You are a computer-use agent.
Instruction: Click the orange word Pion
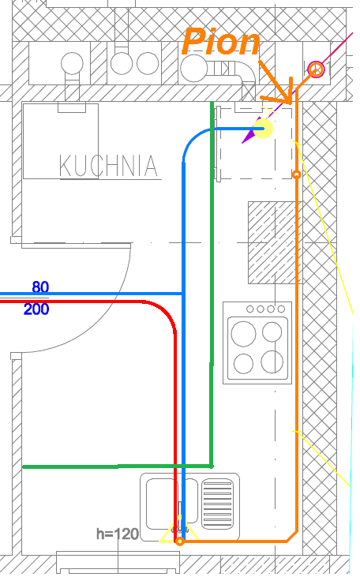pyautogui.click(x=221, y=42)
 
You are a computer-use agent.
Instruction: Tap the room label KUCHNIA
pyautogui.click(x=109, y=166)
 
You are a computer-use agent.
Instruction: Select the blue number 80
pyautogui.click(x=40, y=287)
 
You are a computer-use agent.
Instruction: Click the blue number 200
pyautogui.click(x=36, y=309)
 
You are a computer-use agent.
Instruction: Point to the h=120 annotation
pyautogui.click(x=118, y=534)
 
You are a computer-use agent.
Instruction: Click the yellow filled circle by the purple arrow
pyautogui.click(x=263, y=129)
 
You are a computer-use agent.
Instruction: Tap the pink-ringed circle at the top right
pyautogui.click(x=316, y=69)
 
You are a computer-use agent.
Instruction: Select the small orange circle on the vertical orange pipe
pyautogui.click(x=297, y=174)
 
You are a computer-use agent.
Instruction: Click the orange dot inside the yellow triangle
pyautogui.click(x=180, y=541)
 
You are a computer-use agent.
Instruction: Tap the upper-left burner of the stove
pyautogui.click(x=243, y=334)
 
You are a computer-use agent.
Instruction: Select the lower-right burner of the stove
pyautogui.click(x=272, y=362)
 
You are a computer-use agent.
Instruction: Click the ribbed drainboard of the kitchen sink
pyautogui.click(x=218, y=503)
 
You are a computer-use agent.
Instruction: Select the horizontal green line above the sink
pyautogui.click(x=118, y=466)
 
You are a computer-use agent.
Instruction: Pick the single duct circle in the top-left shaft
pyautogui.click(x=72, y=63)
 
